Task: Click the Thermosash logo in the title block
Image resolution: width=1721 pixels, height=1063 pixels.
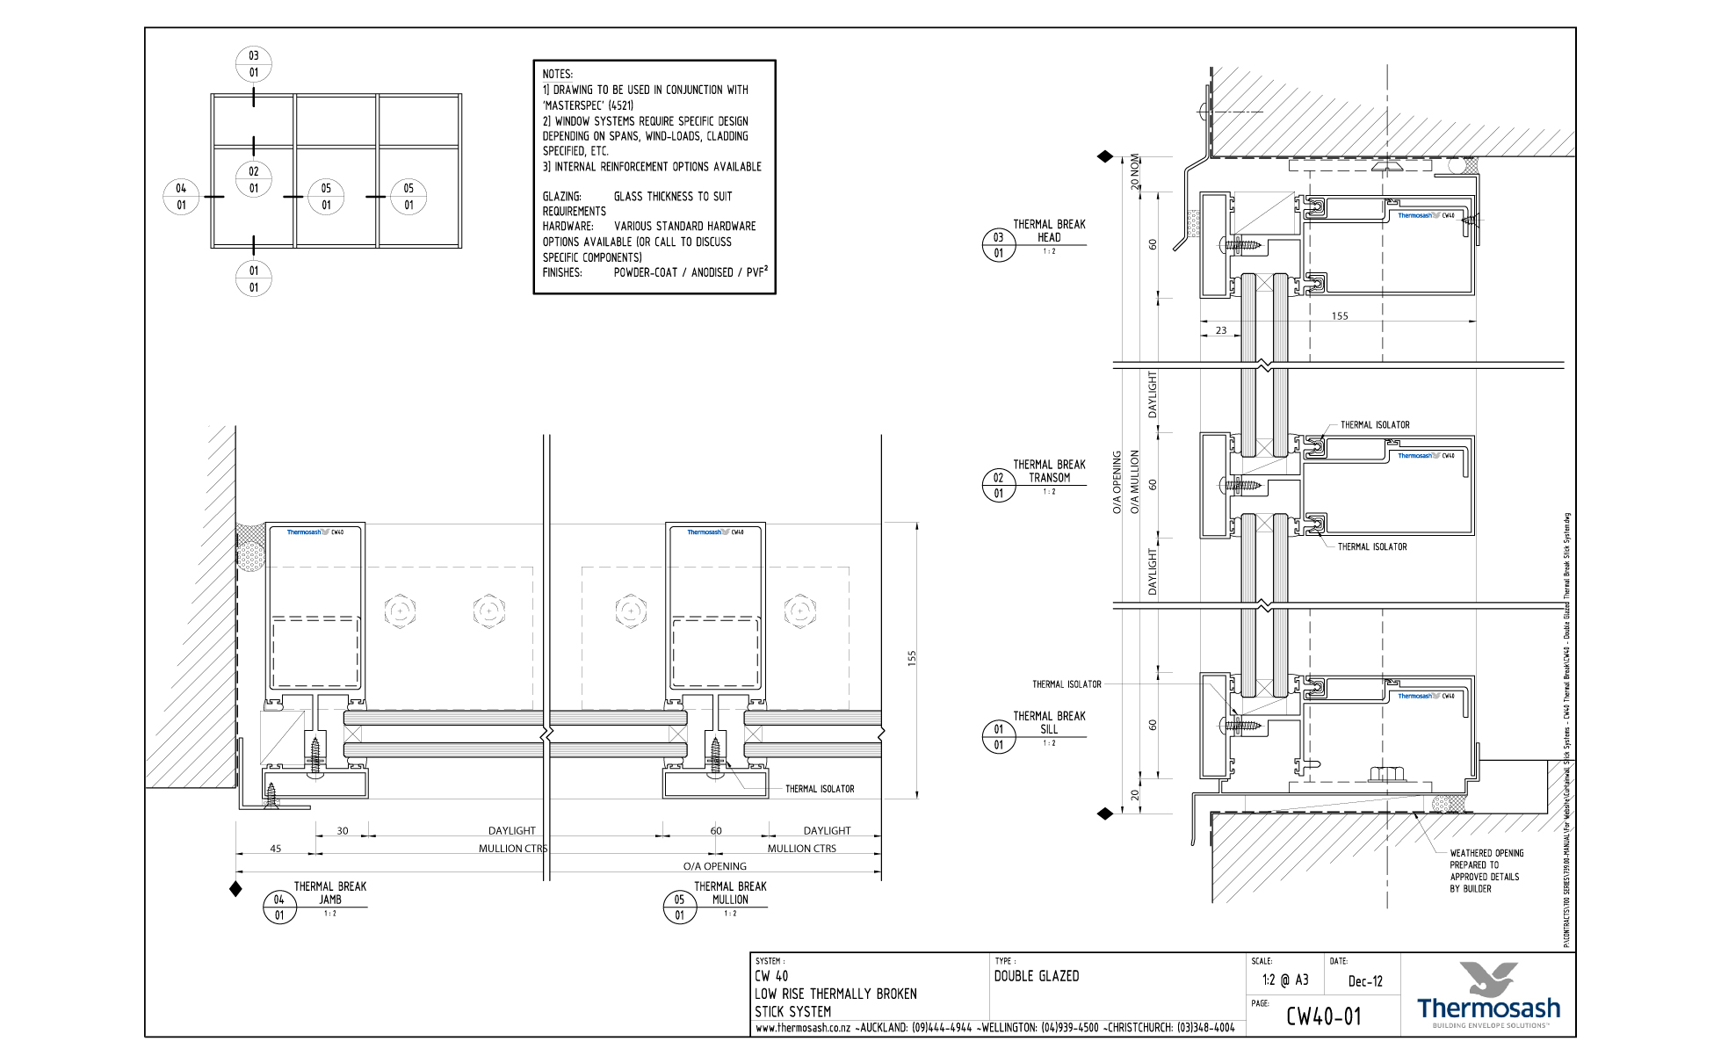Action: click(x=1488, y=995)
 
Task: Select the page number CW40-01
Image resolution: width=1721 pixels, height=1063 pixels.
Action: click(x=1324, y=1016)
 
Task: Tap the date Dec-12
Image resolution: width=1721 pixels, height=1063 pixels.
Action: click(x=1365, y=981)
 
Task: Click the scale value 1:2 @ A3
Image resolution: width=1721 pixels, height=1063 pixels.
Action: click(x=1285, y=980)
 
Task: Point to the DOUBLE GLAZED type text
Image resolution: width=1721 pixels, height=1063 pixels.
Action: click(x=1037, y=976)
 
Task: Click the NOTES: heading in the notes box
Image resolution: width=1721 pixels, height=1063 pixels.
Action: click(x=558, y=74)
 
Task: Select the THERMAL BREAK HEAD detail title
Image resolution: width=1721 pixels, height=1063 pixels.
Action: click(x=1049, y=231)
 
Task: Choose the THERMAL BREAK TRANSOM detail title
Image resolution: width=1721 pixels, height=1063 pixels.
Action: click(x=1049, y=471)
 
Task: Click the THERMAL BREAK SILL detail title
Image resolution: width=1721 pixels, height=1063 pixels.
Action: click(x=1049, y=722)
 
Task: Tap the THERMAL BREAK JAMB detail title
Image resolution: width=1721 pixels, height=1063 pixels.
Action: click(x=330, y=893)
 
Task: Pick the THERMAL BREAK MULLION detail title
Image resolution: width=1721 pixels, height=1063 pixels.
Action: click(x=730, y=893)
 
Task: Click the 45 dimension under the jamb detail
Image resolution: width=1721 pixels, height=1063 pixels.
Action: click(x=276, y=849)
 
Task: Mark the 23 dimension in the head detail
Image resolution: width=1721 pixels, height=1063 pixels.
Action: click(x=1221, y=330)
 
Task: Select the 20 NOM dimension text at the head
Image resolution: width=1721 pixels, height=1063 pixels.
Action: click(x=1135, y=172)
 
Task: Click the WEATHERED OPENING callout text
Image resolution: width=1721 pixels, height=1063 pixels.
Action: click(x=1486, y=853)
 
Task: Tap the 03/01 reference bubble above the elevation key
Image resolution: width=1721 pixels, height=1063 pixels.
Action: click(x=254, y=64)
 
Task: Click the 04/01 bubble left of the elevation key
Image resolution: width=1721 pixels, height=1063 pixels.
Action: click(x=181, y=197)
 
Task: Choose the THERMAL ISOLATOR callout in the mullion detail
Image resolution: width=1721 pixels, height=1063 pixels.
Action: click(x=820, y=789)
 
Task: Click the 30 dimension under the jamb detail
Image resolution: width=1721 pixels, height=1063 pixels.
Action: click(x=343, y=831)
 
